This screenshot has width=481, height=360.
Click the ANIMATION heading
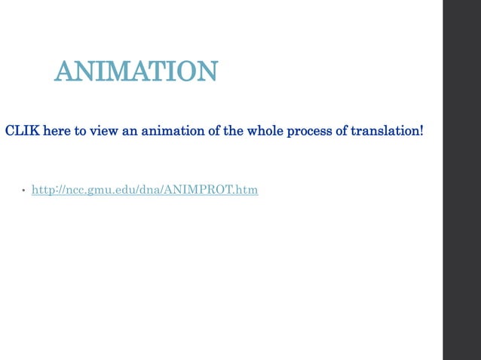pos(136,72)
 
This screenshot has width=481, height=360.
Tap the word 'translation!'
pos(388,131)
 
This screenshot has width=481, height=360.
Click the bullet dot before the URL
pos(23,191)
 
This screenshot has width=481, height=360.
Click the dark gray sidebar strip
pos(461,180)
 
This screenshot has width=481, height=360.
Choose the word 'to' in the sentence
pos(81,131)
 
